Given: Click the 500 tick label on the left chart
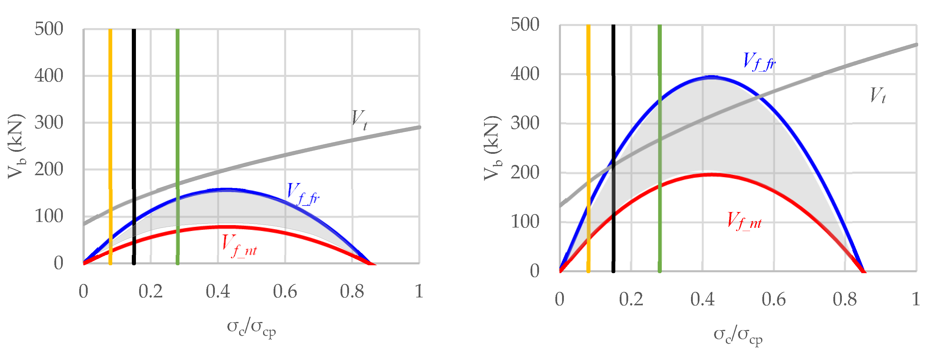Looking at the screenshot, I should (49, 29).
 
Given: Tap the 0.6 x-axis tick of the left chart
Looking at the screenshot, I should (285, 291).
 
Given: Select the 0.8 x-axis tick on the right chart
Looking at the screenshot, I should (844, 299).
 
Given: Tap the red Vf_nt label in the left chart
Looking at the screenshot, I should (239, 246).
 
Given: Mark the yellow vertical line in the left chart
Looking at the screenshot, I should (110, 144).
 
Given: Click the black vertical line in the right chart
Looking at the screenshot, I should (613, 144).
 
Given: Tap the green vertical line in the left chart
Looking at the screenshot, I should (177, 144).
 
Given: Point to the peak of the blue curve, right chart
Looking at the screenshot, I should (711, 77).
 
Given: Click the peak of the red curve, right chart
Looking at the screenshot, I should (711, 175).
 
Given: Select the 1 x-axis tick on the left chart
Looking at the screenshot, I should (419, 291).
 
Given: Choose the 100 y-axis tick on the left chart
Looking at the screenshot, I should (49, 216).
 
